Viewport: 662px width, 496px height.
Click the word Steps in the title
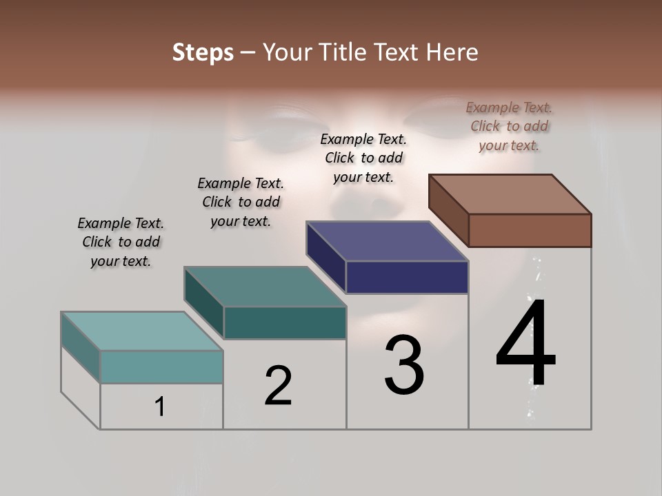tap(203, 52)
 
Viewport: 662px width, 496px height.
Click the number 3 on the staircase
tap(404, 365)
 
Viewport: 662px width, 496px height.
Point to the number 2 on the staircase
tap(278, 386)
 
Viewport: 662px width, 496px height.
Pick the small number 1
tap(160, 407)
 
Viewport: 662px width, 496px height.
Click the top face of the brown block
tap(510, 194)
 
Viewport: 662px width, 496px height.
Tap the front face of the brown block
tap(530, 230)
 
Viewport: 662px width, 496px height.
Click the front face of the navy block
tap(407, 277)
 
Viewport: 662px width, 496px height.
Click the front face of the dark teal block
tap(285, 322)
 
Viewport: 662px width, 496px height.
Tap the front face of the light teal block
tap(161, 366)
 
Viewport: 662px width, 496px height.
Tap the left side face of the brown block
tap(448, 210)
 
